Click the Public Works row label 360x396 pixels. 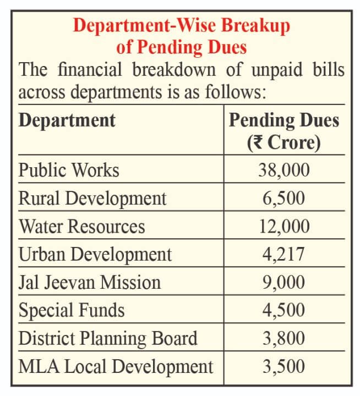coord(69,170)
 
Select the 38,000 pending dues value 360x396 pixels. coord(284,170)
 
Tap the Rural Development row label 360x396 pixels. coord(92,198)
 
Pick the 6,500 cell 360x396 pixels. coord(284,198)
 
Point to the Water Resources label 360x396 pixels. coord(82,226)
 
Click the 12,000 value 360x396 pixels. coord(284,226)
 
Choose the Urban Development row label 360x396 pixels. coord(95,254)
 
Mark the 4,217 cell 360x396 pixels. coord(284,254)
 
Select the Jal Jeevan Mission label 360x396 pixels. coord(90,282)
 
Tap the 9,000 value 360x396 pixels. coord(284,282)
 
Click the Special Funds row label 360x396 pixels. coord(72,310)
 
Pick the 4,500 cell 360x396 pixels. coord(284,310)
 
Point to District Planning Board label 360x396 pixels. coord(108,338)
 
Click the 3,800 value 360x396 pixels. coord(284,338)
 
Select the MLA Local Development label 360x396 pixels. coord(116,366)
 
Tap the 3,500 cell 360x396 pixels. coord(284,366)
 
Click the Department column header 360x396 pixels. coord(67,120)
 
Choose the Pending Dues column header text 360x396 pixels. coord(284,120)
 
